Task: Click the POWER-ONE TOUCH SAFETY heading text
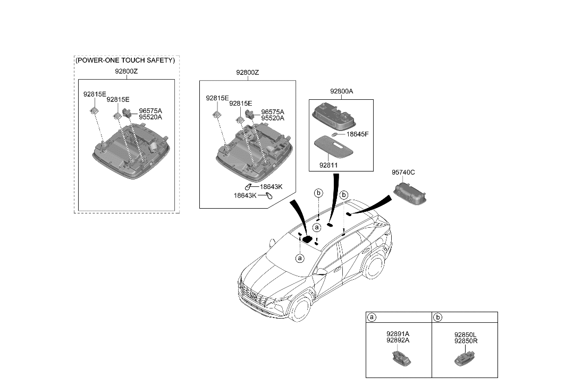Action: (x=125, y=61)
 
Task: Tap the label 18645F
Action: (x=358, y=134)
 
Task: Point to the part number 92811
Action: (x=328, y=165)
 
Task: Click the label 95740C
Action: (x=403, y=172)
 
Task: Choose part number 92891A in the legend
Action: (x=398, y=334)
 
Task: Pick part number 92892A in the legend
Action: (x=398, y=341)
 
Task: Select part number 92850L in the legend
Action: (x=466, y=335)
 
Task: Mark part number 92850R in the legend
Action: (x=466, y=341)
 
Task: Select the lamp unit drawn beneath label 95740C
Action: (x=411, y=193)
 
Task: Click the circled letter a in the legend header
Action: (x=372, y=318)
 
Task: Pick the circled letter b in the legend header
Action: (x=438, y=318)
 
